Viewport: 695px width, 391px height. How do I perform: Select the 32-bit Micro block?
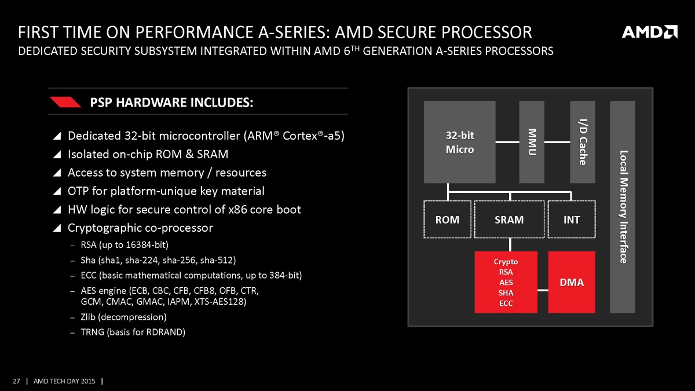(459, 142)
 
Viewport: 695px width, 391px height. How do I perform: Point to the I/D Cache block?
(583, 142)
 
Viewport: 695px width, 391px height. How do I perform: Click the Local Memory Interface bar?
(623, 207)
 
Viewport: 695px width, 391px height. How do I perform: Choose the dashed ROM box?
(447, 220)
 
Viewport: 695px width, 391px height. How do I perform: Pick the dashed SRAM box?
(509, 220)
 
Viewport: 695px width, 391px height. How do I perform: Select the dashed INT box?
(571, 220)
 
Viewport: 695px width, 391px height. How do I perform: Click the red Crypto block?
(506, 282)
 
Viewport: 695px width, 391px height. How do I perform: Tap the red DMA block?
(571, 282)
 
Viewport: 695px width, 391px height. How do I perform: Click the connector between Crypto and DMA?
(543, 291)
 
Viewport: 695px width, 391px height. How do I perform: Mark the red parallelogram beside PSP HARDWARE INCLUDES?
(65, 103)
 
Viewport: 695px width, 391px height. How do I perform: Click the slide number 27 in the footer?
(16, 381)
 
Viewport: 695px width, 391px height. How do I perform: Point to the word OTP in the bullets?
(78, 191)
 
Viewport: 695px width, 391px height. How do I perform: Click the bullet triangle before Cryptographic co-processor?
(56, 228)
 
